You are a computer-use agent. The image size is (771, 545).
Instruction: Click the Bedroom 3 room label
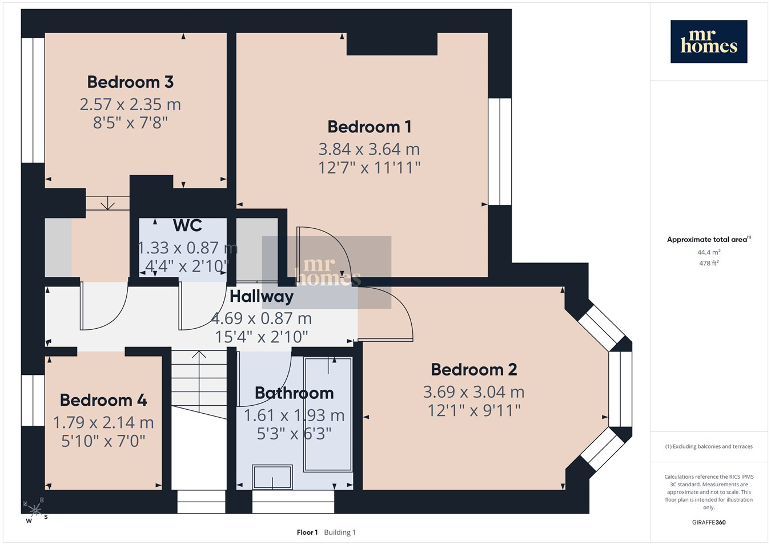130,82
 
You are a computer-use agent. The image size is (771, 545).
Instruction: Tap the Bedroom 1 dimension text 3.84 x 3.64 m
369,149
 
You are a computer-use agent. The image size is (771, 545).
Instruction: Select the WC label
187,225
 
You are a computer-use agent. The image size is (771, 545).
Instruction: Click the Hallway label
262,296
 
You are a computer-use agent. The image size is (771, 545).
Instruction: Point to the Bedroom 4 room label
103,400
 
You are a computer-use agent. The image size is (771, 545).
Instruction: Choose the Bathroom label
294,393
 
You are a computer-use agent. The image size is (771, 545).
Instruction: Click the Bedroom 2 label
474,370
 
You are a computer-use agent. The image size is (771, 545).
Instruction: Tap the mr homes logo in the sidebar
709,42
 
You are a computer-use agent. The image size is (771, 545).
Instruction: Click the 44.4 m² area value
709,252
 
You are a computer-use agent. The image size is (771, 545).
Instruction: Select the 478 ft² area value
709,263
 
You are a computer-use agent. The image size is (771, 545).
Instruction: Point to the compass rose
35,510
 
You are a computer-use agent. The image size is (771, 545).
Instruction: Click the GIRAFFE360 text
709,522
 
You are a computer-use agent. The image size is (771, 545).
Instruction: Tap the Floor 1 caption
307,532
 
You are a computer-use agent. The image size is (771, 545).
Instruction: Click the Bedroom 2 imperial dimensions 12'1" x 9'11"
474,410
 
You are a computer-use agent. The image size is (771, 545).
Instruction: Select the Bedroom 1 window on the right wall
500,152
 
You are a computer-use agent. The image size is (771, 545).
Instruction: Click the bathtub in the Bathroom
328,414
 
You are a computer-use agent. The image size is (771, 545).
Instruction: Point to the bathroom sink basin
272,477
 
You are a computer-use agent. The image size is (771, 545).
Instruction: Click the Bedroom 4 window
33,400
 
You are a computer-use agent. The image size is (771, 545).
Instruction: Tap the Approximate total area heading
709,239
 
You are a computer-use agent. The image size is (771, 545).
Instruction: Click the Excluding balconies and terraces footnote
709,446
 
